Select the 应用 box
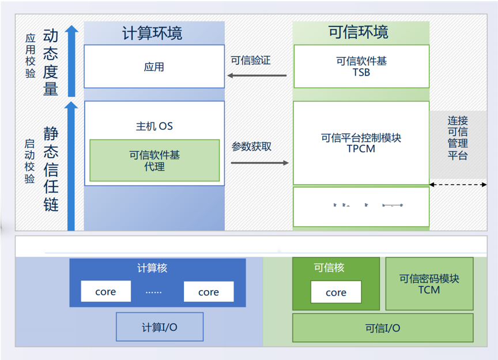154,67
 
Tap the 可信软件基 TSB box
361,66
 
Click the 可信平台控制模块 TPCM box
361,142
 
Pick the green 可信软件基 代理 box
154,160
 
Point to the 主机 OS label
154,126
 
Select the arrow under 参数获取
259,163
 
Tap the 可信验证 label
251,60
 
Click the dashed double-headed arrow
458,185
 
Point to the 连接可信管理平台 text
458,138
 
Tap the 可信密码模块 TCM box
429,283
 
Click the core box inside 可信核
336,292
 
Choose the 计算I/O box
160,327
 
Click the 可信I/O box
383,328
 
